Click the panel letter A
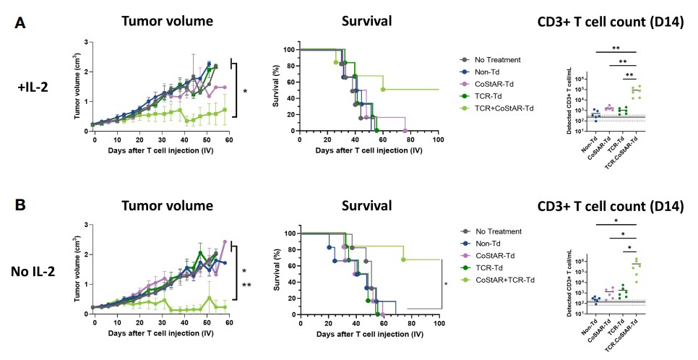[22, 22]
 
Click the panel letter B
[22, 206]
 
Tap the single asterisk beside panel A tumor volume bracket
[245, 92]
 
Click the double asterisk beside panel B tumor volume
[246, 285]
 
